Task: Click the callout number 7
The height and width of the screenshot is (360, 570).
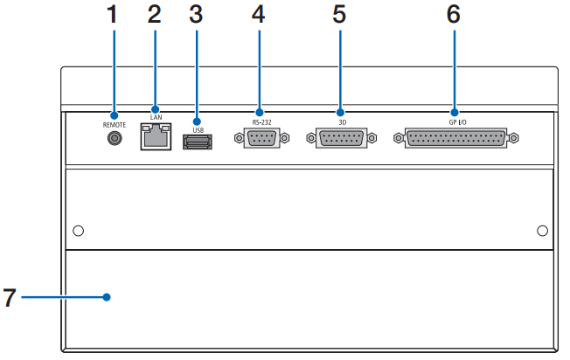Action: click(9, 297)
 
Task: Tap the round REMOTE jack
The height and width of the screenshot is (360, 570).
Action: click(112, 138)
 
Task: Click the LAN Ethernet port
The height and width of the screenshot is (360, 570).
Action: click(155, 136)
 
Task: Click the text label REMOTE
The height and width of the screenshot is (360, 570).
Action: click(112, 125)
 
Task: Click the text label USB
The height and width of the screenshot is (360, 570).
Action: click(198, 131)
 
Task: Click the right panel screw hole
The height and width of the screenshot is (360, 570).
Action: click(542, 231)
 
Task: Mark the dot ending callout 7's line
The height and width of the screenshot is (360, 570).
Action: click(107, 297)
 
